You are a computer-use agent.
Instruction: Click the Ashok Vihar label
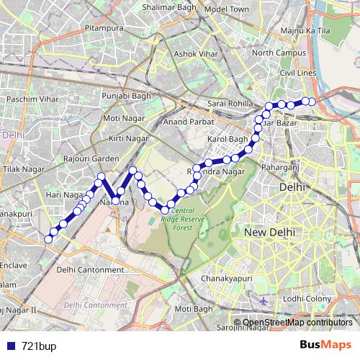(196, 53)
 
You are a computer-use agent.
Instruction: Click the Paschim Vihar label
(30, 98)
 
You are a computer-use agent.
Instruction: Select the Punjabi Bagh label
(123, 96)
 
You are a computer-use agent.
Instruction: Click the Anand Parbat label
(186, 122)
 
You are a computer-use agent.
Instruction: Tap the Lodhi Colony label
(307, 298)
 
